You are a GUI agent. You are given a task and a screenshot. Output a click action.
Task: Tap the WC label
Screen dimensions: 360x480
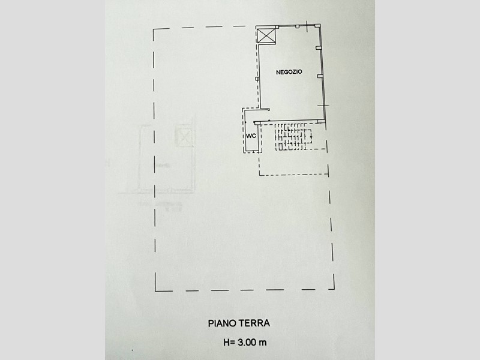coord(251,136)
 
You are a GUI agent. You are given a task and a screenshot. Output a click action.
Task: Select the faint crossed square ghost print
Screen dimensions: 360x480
coord(184,136)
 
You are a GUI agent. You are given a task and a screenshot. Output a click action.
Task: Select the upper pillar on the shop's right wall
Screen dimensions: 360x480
coord(319,48)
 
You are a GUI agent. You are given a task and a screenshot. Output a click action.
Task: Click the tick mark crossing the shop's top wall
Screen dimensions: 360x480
coord(309,26)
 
